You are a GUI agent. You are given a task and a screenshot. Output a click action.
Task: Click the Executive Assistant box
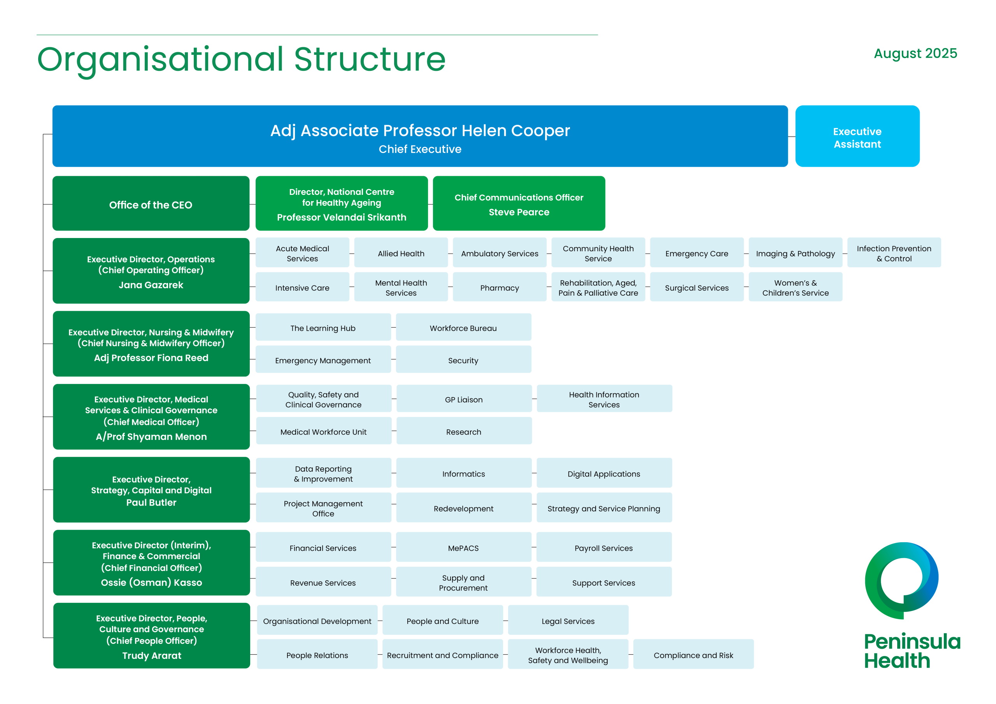(857, 136)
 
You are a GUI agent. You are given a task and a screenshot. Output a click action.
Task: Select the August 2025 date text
(915, 53)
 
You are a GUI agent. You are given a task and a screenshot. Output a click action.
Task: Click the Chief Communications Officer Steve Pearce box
(519, 203)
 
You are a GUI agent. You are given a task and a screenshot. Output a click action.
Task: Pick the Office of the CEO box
(151, 203)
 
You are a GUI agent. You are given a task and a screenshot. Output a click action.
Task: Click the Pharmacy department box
(500, 287)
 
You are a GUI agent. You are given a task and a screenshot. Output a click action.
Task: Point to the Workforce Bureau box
(463, 327)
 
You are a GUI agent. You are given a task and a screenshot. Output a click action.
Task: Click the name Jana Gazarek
(151, 285)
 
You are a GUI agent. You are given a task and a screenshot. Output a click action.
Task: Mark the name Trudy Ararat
(152, 655)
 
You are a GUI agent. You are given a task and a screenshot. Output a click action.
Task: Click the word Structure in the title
(370, 60)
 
